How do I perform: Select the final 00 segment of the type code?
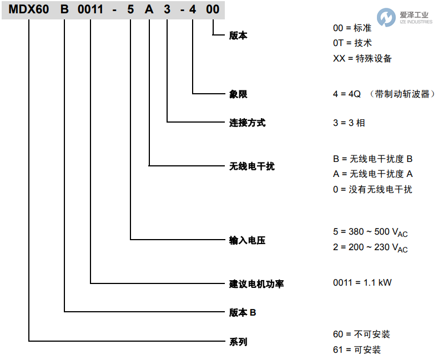[213, 10]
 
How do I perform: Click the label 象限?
[238, 94]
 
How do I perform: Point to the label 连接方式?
[247, 123]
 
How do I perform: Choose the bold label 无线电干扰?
[251, 166]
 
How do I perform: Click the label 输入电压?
[247, 240]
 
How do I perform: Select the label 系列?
[238, 342]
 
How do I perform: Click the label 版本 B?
[243, 313]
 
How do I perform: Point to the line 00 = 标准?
[356, 28]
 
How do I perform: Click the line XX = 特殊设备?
[362, 58]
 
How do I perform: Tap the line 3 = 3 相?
[349, 123]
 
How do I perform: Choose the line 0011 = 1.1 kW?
[363, 282]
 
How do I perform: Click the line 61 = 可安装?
[357, 349]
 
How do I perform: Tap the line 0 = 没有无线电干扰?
[372, 189]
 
